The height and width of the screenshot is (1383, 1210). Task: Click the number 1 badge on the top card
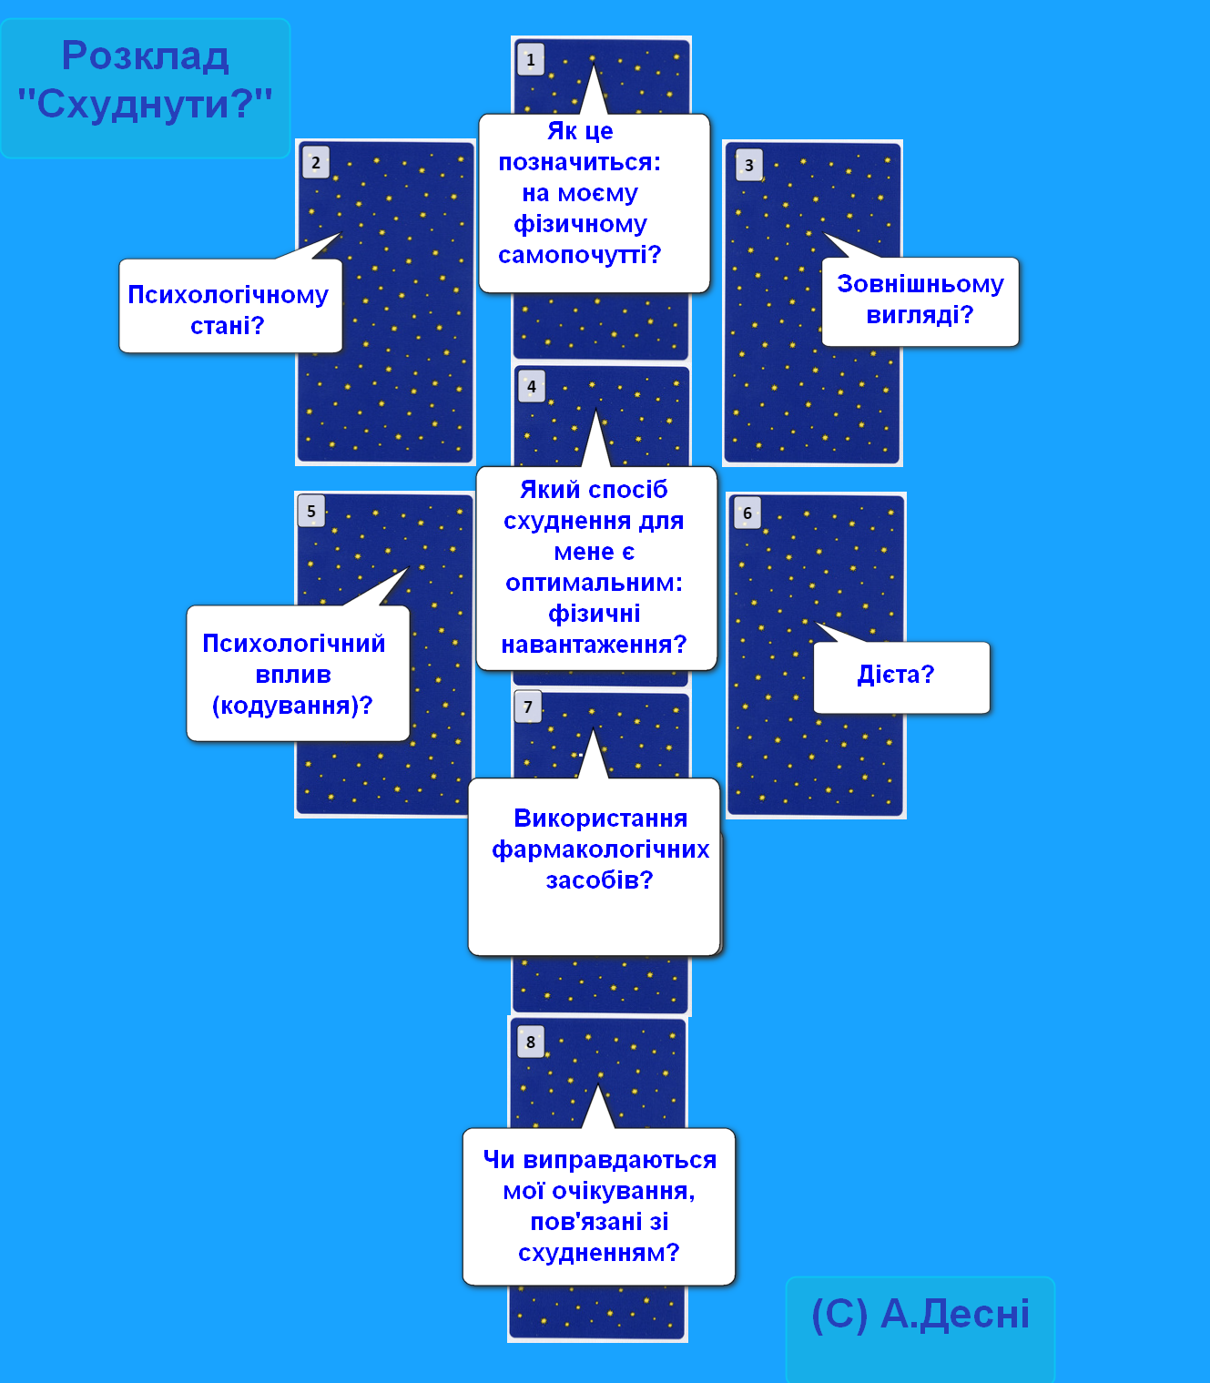pyautogui.click(x=531, y=59)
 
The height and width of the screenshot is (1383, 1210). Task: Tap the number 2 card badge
pyautogui.click(x=316, y=163)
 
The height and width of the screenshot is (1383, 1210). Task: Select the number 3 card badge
pyautogui.click(x=749, y=165)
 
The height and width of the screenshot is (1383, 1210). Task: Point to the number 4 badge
pyautogui.click(x=532, y=387)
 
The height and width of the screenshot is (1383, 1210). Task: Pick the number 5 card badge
pyautogui.click(x=311, y=511)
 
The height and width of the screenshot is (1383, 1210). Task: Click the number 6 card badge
pyautogui.click(x=747, y=514)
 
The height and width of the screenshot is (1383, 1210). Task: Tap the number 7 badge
pyautogui.click(x=528, y=707)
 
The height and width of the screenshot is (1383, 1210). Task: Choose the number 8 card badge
pyautogui.click(x=531, y=1042)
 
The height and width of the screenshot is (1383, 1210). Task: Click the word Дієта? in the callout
pyautogui.click(x=896, y=675)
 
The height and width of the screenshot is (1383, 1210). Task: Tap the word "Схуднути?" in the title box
pyautogui.click(x=146, y=104)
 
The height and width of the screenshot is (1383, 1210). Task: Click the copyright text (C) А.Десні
pyautogui.click(x=920, y=1314)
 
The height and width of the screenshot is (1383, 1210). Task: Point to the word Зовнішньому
pyautogui.click(x=920, y=284)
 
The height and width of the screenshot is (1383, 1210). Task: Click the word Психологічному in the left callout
pyautogui.click(x=228, y=295)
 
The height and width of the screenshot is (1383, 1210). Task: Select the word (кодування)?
pyautogui.click(x=292, y=705)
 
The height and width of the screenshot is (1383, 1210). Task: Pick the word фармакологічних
pyautogui.click(x=600, y=849)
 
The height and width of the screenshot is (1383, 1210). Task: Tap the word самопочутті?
pyautogui.click(x=579, y=255)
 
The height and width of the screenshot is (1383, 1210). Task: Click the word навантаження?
pyautogui.click(x=594, y=645)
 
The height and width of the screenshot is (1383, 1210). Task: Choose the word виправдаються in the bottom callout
pyautogui.click(x=619, y=1160)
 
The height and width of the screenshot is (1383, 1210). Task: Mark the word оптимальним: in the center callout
pyautogui.click(x=595, y=583)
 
